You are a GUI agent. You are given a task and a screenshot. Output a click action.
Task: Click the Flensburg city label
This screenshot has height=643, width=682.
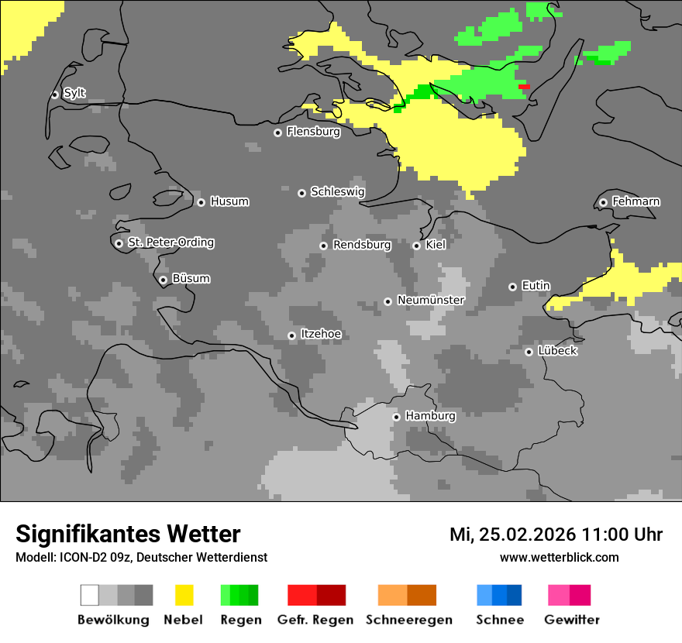coord(313,132)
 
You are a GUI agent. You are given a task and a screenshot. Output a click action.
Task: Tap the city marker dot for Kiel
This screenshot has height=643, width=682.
coord(416,246)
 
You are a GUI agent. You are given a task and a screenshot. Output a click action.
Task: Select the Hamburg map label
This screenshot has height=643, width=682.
coord(430,416)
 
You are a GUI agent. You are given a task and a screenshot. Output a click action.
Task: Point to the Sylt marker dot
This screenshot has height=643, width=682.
coord(54,95)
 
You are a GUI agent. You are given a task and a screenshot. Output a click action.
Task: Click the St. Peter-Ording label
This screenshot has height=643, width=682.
coord(170,242)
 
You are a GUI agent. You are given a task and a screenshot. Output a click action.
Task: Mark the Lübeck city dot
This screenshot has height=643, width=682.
coord(529,352)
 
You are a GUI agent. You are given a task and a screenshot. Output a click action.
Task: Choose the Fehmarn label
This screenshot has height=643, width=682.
coord(635,201)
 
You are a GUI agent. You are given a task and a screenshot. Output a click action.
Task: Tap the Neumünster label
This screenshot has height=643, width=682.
coord(430,300)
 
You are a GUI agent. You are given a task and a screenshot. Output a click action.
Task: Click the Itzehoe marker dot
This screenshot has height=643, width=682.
coord(291,335)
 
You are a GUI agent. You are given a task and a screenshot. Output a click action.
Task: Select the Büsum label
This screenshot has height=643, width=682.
coord(191,278)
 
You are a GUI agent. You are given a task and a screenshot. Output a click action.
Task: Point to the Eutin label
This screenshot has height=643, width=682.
coord(536,286)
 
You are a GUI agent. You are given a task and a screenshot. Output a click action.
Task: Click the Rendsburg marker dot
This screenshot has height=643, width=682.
coord(323,246)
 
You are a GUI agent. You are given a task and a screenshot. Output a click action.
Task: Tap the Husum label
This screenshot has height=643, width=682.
coord(229,201)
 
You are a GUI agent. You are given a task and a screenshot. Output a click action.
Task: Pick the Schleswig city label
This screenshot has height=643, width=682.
coord(337,191)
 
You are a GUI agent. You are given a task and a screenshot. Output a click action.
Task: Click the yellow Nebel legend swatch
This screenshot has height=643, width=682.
coord(184,595)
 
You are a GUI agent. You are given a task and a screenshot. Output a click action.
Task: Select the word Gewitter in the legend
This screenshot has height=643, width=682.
coord(571,620)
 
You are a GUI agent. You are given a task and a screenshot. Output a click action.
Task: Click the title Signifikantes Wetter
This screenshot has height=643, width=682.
coord(128,534)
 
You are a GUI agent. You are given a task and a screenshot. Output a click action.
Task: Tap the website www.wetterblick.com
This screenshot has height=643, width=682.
coord(559,557)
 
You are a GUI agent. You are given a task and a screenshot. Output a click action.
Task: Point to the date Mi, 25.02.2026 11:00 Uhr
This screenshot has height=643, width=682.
coord(556,535)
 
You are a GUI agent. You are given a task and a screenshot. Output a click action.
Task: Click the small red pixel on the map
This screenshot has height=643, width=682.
coord(524,87)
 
